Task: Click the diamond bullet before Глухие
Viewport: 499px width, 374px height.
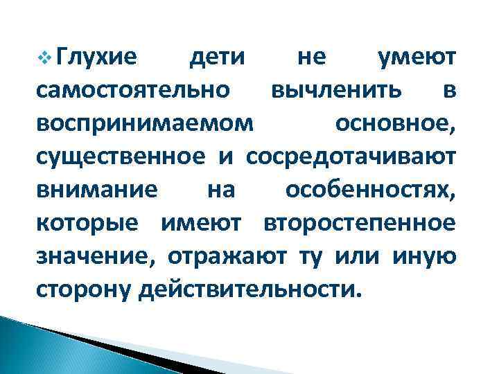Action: coord(46,60)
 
